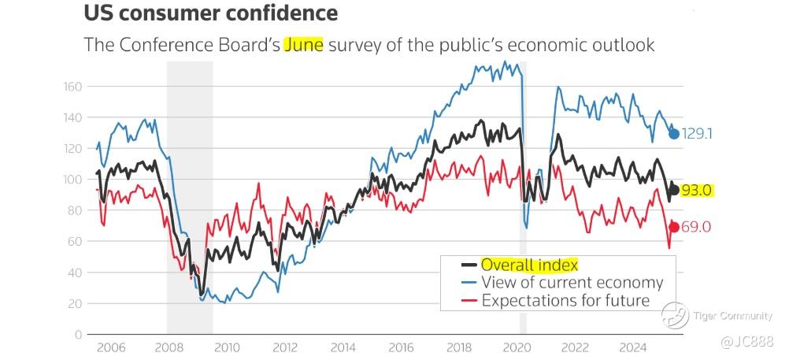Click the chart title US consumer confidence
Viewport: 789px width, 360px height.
(x=210, y=13)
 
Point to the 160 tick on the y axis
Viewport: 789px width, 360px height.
(x=72, y=86)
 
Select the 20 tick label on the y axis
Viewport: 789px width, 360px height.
(x=75, y=303)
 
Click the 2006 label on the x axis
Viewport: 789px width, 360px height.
(x=110, y=347)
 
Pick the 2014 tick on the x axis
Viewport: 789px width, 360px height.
(x=343, y=347)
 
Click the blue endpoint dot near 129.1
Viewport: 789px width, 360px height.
(x=674, y=133)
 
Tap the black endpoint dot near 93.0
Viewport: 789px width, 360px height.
(x=674, y=190)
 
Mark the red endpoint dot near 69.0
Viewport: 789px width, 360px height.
(x=674, y=227)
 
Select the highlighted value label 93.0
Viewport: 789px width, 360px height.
(x=697, y=190)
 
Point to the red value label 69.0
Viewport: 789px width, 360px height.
(x=697, y=227)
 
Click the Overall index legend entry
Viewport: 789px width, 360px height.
(x=529, y=265)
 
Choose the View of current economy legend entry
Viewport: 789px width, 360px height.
(x=572, y=283)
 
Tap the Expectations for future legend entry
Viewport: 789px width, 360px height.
(x=565, y=300)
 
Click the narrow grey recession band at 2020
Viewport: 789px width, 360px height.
(x=523, y=197)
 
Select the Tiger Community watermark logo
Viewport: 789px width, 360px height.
(x=674, y=315)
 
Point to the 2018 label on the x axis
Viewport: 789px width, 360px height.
(x=458, y=347)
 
